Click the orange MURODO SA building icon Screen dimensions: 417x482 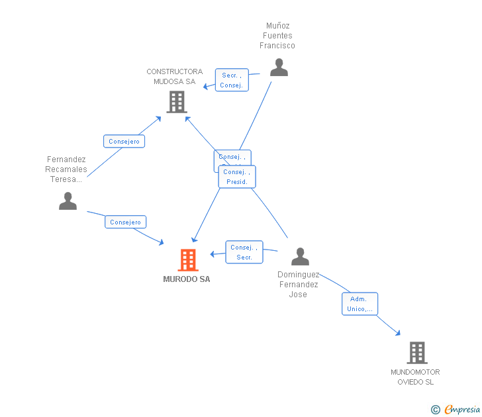[188, 260]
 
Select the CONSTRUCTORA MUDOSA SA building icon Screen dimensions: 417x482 [177, 102]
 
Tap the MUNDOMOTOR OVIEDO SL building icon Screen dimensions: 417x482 [416, 353]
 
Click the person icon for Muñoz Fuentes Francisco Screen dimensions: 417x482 [279, 68]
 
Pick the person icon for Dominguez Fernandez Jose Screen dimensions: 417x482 [300, 256]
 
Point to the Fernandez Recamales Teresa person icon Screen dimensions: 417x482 [68, 201]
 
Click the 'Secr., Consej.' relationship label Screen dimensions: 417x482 [232, 80]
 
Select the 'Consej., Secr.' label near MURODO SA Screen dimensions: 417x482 [244, 252]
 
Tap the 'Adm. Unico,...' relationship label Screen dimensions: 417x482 [360, 304]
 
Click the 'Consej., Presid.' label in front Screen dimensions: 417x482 [237, 177]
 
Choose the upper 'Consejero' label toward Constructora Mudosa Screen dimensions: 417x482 [124, 141]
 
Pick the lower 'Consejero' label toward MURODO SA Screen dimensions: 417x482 [125, 222]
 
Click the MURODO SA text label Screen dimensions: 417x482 [187, 279]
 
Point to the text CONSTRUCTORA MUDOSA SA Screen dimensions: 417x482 [175, 77]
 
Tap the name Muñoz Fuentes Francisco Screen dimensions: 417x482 [277, 36]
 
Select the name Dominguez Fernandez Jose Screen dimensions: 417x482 [298, 285]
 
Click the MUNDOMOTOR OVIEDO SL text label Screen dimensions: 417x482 [415, 377]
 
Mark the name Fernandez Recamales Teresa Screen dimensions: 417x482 [67, 169]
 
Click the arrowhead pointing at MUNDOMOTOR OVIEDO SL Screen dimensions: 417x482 [398, 333]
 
